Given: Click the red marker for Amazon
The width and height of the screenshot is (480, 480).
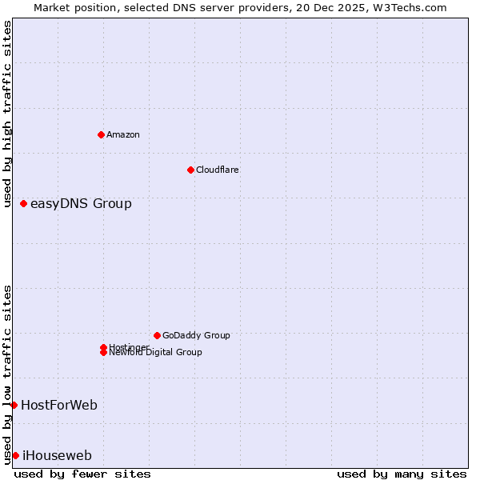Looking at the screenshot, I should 101,134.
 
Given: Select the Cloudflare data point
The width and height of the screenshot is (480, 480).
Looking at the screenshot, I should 190,170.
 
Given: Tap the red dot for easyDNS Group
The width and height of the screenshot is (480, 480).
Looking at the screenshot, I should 24,203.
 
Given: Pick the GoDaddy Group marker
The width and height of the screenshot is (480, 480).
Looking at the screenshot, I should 157,335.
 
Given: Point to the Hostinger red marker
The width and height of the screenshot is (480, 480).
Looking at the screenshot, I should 103,347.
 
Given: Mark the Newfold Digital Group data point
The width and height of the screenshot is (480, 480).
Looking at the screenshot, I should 103,353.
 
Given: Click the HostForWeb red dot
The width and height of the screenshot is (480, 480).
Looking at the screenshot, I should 14,405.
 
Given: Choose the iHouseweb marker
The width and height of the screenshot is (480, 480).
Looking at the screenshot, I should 15,455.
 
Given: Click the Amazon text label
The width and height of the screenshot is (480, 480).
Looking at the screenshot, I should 123,134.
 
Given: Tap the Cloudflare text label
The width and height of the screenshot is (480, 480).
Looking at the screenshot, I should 218,170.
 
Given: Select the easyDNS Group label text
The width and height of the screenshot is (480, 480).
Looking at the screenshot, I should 81,203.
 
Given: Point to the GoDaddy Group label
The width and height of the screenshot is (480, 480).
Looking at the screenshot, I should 196,335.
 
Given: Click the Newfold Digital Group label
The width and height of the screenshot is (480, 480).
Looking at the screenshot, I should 156,353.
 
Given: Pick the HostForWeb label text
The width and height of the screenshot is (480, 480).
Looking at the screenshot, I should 59,405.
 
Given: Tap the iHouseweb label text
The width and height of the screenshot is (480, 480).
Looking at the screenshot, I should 57,455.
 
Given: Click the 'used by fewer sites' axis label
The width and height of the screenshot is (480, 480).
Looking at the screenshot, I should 82,474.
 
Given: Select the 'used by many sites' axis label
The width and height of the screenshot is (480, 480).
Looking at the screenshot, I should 402,474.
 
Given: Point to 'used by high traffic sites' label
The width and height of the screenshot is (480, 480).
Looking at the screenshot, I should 7,114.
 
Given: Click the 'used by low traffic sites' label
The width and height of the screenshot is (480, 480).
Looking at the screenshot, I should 7,374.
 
